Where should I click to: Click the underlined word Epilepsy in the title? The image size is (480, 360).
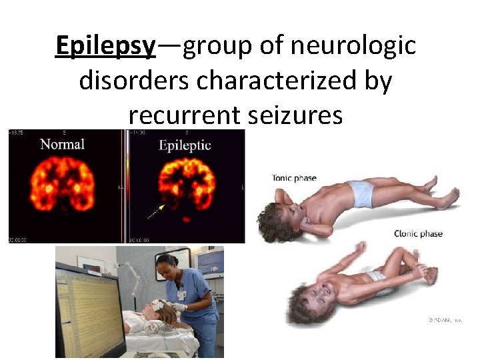pyautogui.click(x=105, y=47)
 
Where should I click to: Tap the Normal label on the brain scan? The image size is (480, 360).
pyautogui.click(x=62, y=144)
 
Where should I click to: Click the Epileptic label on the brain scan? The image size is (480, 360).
pyautogui.click(x=185, y=145)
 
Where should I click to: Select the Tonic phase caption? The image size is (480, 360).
pyautogui.click(x=294, y=178)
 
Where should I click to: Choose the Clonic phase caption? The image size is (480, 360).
pyautogui.click(x=418, y=234)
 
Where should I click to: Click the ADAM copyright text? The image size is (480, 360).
pyautogui.click(x=445, y=321)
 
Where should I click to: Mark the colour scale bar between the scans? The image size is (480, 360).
pyautogui.click(x=124, y=187)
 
